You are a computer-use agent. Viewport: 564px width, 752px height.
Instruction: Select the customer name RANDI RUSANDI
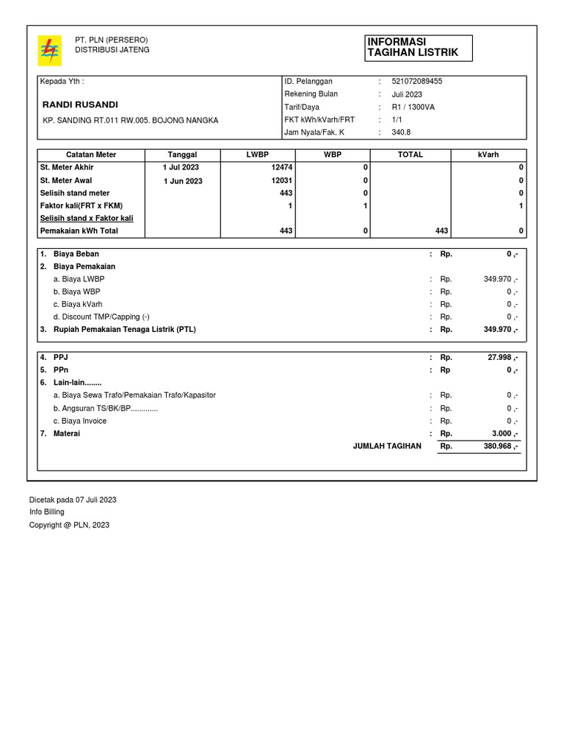80,104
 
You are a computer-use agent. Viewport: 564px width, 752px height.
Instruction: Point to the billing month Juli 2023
407,94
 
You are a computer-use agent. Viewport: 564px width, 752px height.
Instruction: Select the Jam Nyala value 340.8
401,133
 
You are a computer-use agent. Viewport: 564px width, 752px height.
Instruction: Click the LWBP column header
258,155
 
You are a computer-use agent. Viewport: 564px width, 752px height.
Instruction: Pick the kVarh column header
488,155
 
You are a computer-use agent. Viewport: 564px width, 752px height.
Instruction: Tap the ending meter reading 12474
282,167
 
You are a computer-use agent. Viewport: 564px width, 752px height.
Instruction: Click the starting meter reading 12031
282,181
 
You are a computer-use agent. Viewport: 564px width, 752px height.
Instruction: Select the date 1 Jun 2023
182,181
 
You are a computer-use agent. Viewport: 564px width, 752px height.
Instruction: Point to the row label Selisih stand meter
74,193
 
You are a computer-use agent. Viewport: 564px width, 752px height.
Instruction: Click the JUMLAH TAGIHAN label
387,446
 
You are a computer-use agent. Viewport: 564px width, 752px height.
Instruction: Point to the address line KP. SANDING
130,120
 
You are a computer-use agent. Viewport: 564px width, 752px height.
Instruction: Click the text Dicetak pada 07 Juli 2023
73,499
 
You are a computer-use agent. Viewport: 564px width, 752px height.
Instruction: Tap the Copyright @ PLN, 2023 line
69,525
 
